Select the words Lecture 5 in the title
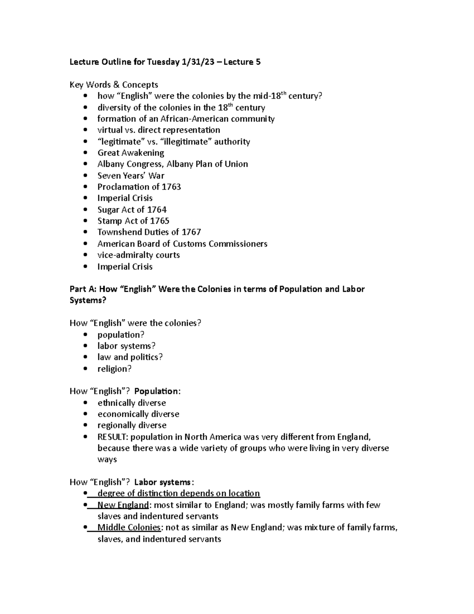242,62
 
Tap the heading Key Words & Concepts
114,85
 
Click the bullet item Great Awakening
131,153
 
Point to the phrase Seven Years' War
131,176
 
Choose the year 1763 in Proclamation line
171,187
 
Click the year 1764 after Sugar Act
157,210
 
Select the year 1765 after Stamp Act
160,221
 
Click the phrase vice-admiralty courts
139,255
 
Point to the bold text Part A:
83,289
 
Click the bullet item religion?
114,369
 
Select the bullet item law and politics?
130,357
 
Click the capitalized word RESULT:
113,437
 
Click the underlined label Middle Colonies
129,527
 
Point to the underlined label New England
123,505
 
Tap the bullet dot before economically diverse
86,414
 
